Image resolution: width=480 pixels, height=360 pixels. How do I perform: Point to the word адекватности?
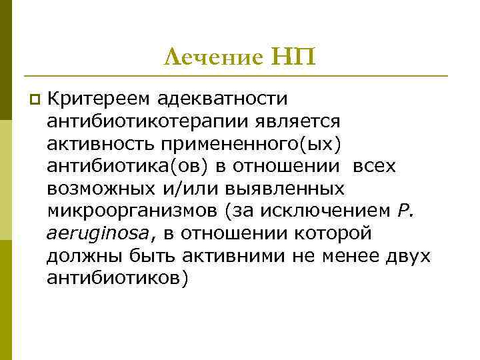point(222,99)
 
